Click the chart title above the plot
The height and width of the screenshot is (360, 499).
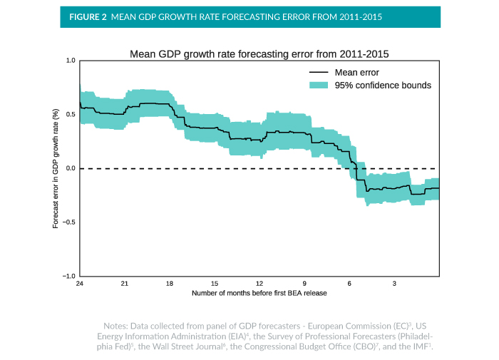pyautogui.click(x=258, y=53)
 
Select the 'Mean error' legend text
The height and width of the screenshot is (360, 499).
pyautogui.click(x=356, y=73)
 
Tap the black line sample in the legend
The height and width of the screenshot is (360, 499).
pyautogui.click(x=319, y=73)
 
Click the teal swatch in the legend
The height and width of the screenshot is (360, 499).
pyautogui.click(x=319, y=86)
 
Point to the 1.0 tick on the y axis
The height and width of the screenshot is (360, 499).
pyautogui.click(x=71, y=61)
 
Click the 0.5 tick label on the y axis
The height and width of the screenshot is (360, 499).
pyautogui.click(x=71, y=115)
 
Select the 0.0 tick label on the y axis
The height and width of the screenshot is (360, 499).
pyautogui.click(x=71, y=169)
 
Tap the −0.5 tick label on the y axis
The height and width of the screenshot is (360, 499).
pyautogui.click(x=69, y=222)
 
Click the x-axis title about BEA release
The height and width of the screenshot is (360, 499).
pyautogui.click(x=259, y=293)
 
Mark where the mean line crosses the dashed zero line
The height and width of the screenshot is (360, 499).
pyautogui.click(x=354, y=169)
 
